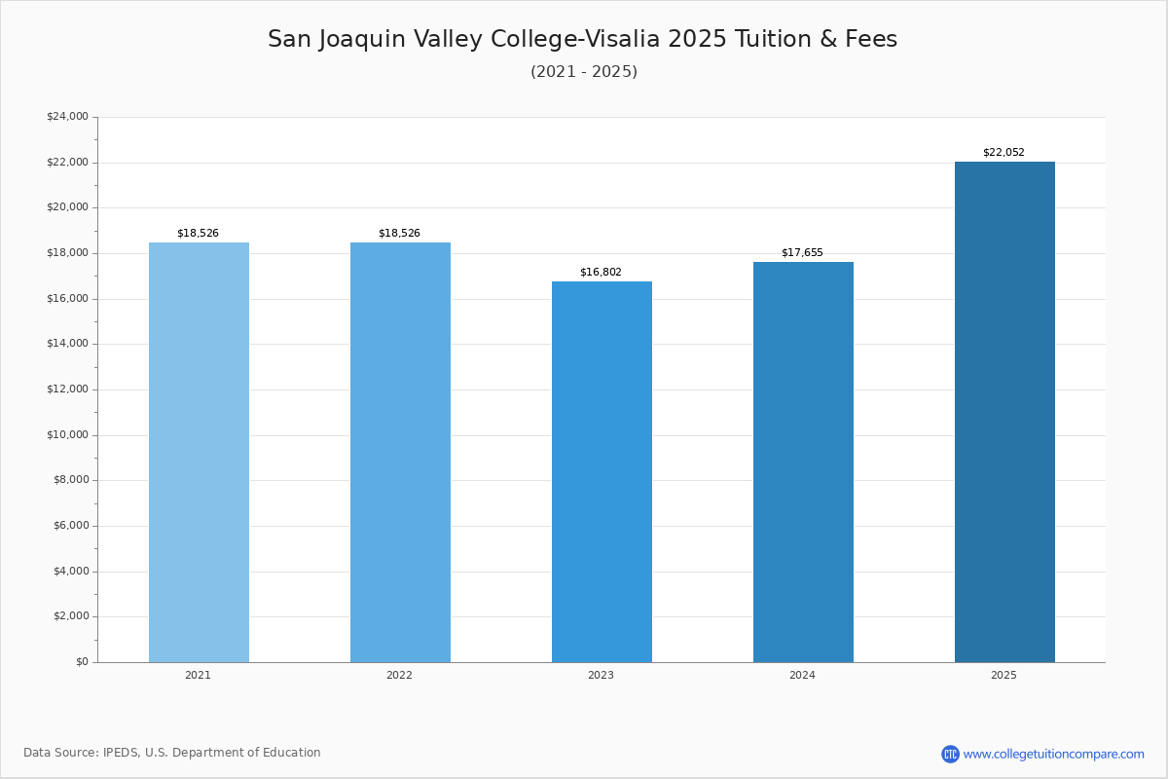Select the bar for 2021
click(x=199, y=452)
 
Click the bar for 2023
click(x=602, y=471)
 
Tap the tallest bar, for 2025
click(x=1004, y=412)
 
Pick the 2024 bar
click(x=803, y=462)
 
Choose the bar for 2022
click(x=400, y=452)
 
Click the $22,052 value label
click(x=1004, y=153)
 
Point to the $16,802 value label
click(x=601, y=273)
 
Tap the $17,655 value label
click(x=802, y=253)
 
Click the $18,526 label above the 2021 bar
click(x=198, y=234)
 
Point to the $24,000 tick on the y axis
click(x=67, y=117)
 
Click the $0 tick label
click(x=82, y=662)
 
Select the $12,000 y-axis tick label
click(x=67, y=389)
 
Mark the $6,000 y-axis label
click(x=70, y=526)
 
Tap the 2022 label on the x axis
click(x=399, y=676)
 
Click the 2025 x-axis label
click(x=1004, y=676)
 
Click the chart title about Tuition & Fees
click(x=582, y=40)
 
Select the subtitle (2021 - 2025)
click(x=584, y=72)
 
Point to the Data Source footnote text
click(x=172, y=753)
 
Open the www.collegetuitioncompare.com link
click(x=1053, y=755)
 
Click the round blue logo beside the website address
click(x=950, y=755)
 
